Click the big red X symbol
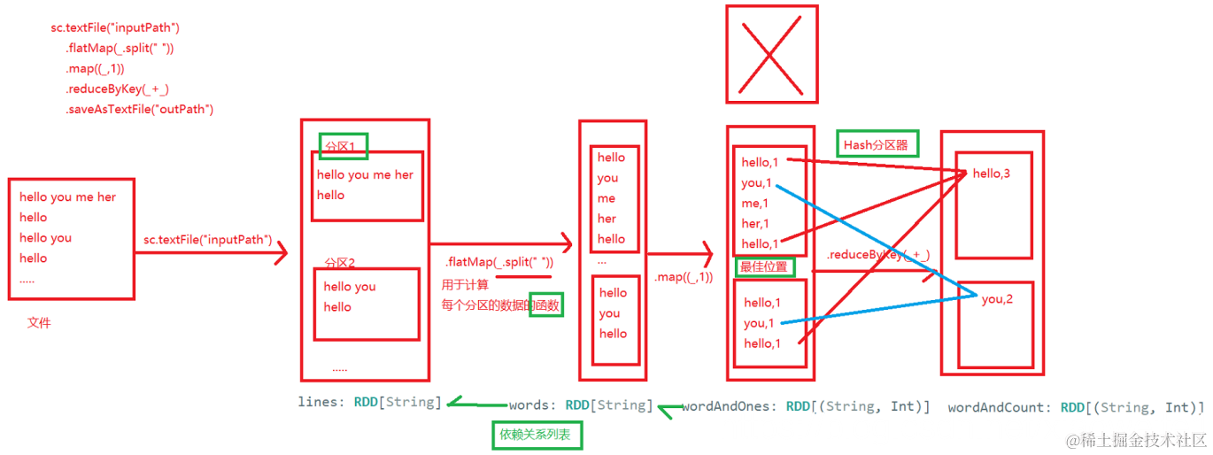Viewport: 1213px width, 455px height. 770,55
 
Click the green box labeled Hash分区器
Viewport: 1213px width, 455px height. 877,144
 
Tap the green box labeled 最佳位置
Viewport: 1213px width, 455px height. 764,266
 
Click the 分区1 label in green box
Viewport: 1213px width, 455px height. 343,146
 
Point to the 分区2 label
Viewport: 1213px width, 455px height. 339,263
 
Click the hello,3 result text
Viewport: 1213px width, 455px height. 991,174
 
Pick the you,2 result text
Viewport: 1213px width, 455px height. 997,299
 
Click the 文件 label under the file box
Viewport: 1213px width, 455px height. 39,323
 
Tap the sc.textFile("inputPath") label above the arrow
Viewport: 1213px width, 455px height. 207,240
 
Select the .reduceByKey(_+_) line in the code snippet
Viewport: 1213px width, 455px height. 117,89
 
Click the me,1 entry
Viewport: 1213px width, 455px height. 755,203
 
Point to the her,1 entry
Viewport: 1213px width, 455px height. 756,223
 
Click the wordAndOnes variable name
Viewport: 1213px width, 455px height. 730,407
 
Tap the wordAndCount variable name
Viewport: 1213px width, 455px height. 999,408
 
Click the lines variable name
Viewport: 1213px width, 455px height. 319,402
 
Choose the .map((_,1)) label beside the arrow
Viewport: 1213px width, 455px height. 684,277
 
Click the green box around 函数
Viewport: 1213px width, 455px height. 545,305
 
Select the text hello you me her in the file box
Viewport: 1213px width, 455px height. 68,197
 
